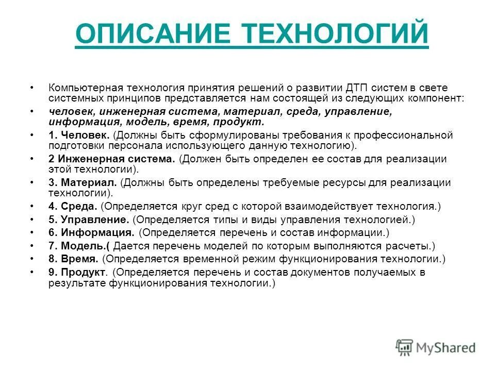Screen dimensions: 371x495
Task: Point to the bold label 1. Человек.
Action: (79, 135)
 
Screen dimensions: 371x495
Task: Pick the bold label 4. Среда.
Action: (73, 207)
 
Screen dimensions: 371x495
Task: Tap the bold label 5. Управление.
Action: (89, 220)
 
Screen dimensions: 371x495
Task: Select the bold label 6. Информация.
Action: (91, 233)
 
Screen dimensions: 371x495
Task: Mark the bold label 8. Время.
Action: (74, 259)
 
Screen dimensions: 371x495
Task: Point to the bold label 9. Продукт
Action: (78, 272)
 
